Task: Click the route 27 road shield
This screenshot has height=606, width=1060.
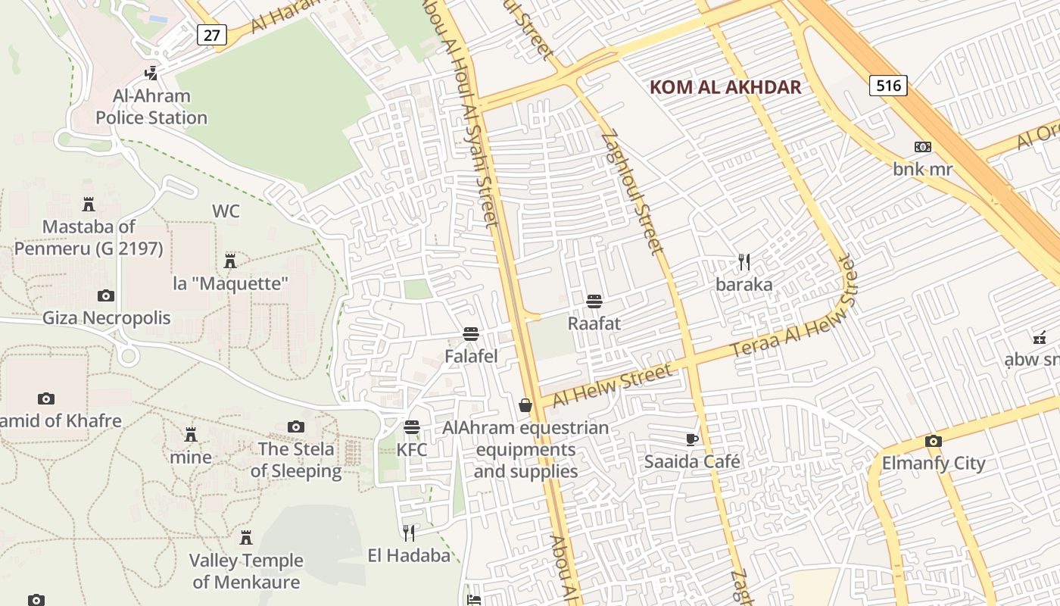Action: point(211,34)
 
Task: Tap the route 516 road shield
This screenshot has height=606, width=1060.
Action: point(888,86)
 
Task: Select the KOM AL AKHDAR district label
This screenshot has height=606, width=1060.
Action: point(725,87)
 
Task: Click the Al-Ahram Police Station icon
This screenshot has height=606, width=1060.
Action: point(151,73)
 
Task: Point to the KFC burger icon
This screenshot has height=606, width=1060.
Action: point(412,427)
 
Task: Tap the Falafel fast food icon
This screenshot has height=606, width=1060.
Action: point(471,334)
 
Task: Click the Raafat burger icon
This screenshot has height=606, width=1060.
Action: point(594,301)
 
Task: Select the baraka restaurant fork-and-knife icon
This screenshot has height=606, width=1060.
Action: point(744,262)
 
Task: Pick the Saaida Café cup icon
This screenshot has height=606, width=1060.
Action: point(691,439)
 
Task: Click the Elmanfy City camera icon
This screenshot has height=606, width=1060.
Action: point(934,441)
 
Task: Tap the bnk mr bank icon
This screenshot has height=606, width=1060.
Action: point(922,147)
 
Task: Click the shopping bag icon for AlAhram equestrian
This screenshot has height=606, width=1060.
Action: point(525,406)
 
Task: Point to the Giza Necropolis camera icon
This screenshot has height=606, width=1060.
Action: point(106,295)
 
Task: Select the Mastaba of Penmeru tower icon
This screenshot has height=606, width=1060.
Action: point(89,205)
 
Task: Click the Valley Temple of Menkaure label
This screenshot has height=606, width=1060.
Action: point(246,571)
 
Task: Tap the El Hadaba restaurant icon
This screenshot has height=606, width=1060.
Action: point(409,533)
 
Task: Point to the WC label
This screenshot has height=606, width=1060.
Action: point(226,211)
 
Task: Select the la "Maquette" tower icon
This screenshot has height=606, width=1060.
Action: point(230,261)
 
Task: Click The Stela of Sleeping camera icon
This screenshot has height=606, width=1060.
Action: point(296,427)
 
